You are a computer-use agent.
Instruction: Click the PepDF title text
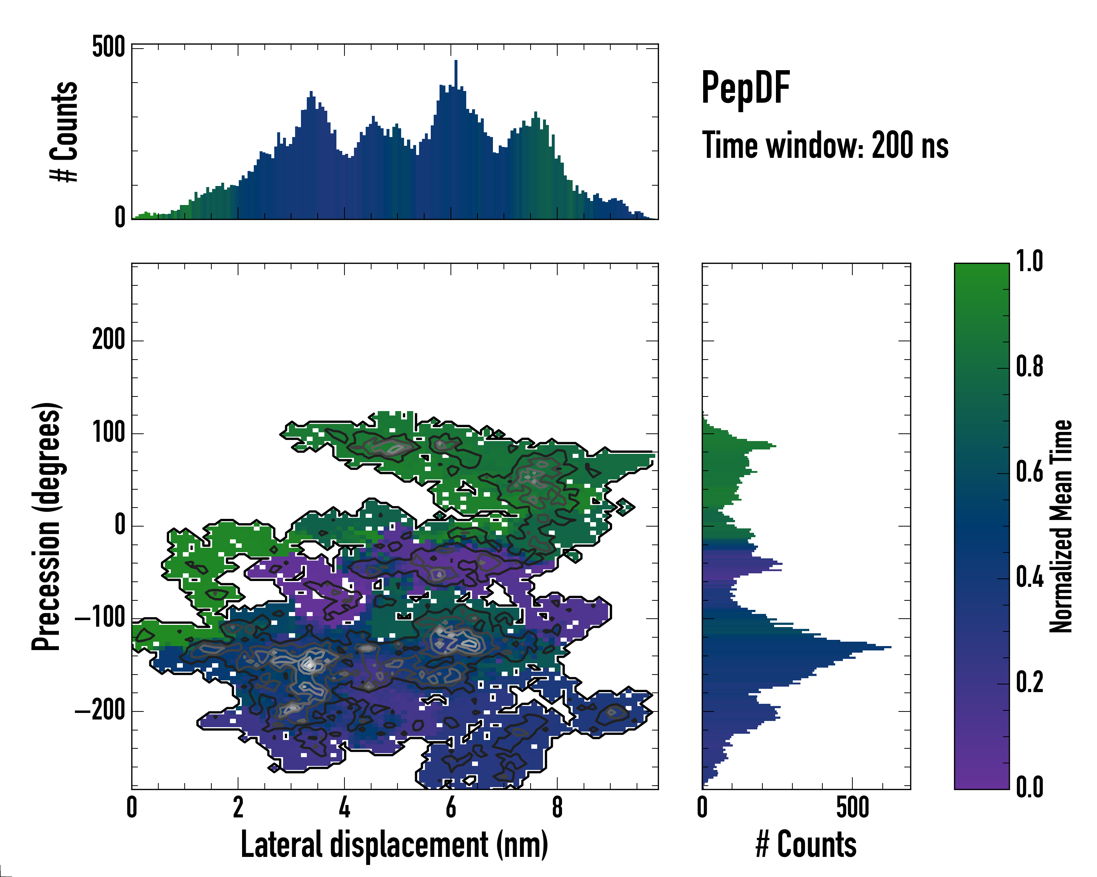point(745,88)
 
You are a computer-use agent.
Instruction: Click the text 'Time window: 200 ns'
point(825,146)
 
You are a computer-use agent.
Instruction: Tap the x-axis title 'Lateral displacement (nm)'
point(394,844)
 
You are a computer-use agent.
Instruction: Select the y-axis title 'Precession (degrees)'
point(47,526)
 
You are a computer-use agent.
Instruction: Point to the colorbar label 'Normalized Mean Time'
point(1061,526)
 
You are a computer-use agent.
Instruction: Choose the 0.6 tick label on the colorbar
point(1029,472)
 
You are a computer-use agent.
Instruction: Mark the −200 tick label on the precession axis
point(100,711)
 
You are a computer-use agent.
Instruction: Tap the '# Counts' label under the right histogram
point(806,844)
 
